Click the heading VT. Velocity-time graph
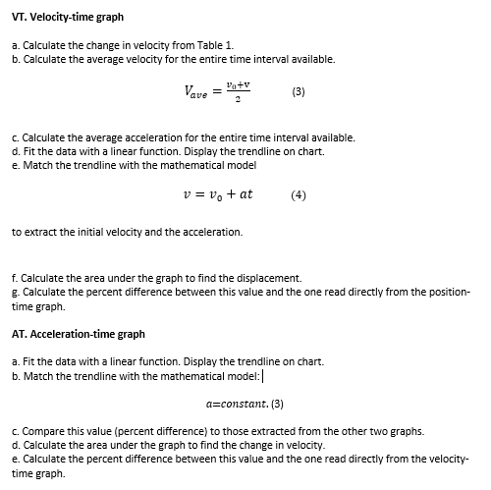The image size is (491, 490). [x=68, y=17]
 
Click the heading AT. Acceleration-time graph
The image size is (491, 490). [x=79, y=334]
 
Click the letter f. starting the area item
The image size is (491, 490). [x=15, y=278]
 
